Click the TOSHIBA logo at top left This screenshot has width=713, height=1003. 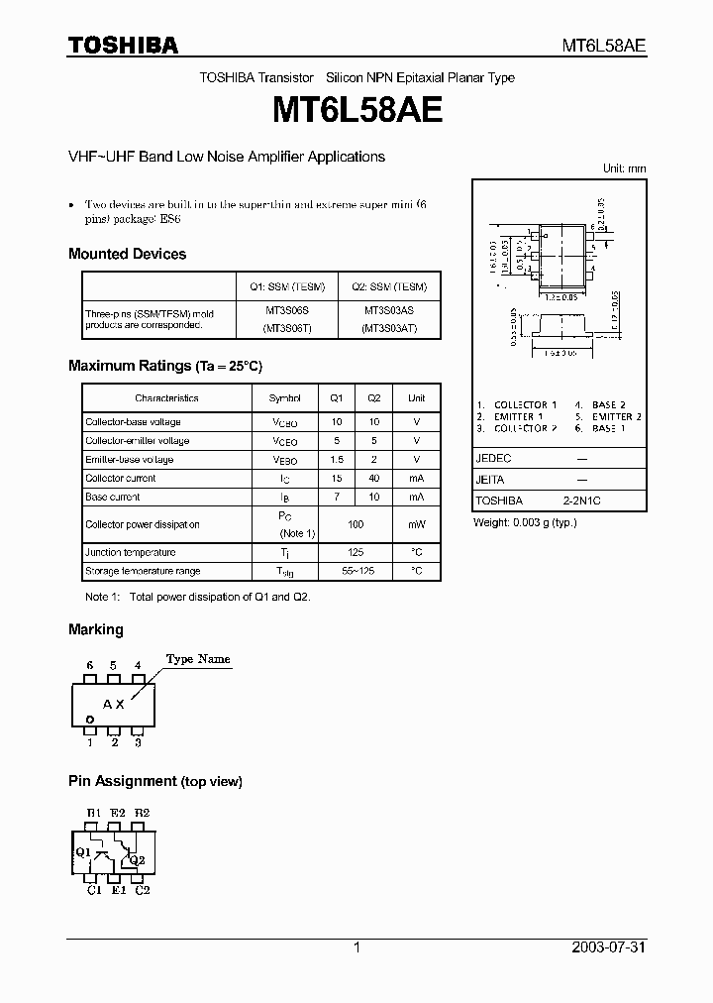point(123,45)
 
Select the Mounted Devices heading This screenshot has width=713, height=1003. point(127,254)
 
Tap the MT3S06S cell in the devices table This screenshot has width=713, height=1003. point(287,310)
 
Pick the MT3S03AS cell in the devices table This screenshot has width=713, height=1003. point(388,310)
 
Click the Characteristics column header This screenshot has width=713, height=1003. point(166,398)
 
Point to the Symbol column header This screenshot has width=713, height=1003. point(284,398)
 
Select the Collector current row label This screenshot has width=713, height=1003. point(120,478)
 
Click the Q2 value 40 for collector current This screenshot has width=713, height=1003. point(373,478)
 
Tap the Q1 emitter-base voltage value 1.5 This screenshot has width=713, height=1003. point(336,459)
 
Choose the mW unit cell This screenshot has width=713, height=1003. point(416,524)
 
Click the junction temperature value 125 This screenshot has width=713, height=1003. point(356,552)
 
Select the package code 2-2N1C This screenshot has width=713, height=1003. point(581,501)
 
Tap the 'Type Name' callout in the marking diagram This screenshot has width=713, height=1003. point(198,659)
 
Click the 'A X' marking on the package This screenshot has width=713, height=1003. point(114,704)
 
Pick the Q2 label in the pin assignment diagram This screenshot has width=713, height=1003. point(137,860)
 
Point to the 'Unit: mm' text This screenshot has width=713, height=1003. point(624,168)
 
